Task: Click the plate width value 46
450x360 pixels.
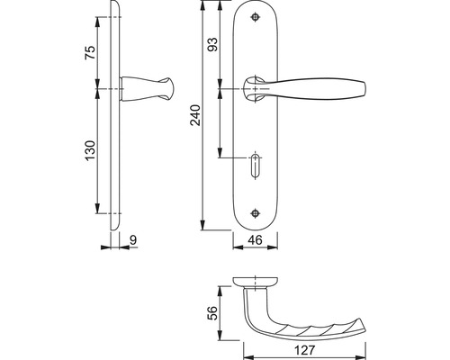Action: tap(256, 240)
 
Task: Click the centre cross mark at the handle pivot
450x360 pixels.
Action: tap(256, 89)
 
